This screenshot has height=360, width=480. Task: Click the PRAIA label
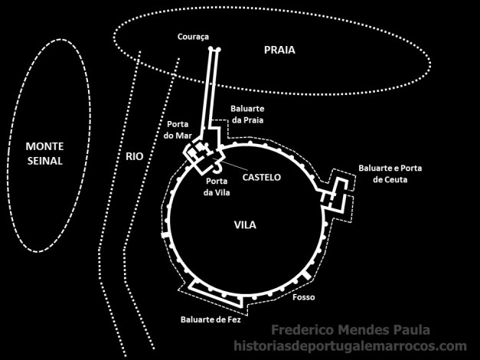(279, 51)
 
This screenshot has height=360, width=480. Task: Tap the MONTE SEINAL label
(44, 153)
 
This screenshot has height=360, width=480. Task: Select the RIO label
(134, 156)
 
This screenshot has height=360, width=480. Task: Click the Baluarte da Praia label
(249, 114)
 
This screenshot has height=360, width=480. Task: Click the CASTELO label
(262, 177)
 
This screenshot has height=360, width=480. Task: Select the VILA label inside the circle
(245, 225)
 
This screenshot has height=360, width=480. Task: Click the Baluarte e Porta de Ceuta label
(390, 173)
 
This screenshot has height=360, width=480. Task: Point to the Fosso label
(303, 296)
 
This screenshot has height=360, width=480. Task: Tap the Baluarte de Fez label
(211, 319)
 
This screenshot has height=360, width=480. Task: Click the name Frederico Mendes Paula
(349, 331)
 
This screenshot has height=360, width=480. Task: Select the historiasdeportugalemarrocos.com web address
(349, 346)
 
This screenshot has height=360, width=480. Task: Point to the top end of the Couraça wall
(215, 50)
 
